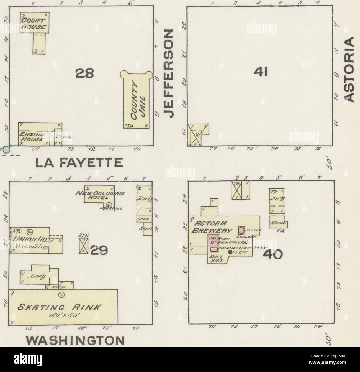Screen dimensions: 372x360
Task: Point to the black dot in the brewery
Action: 230,252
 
